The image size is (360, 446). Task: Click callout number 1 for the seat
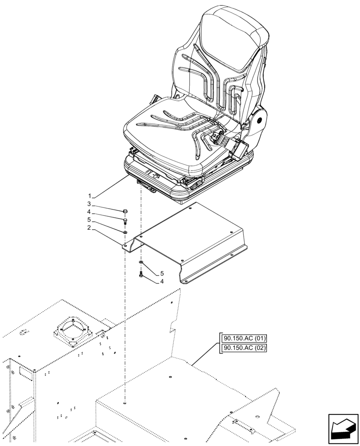pos(90,196)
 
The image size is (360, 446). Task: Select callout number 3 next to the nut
pos(90,204)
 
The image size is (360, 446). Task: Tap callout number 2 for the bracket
pos(90,228)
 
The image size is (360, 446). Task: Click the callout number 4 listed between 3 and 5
pos(90,212)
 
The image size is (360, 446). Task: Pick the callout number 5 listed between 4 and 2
pos(90,220)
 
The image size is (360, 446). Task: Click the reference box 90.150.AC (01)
pos(243,339)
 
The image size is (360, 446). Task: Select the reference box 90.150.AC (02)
pos(243,348)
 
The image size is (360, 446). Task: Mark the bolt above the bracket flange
pos(125,221)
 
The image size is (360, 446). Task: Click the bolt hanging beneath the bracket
pos(141,275)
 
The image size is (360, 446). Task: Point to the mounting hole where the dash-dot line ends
pos(126,404)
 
